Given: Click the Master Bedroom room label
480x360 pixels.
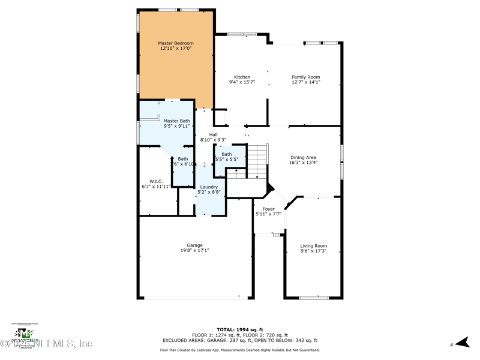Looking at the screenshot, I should coord(176,43).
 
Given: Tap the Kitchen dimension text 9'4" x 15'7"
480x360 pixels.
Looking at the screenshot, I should coord(242,82).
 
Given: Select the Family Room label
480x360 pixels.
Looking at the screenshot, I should coord(306,77).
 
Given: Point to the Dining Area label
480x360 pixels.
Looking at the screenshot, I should coord(303,157).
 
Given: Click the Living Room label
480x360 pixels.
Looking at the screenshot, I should coord(313,246).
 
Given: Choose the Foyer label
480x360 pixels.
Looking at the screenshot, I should coord(268,209).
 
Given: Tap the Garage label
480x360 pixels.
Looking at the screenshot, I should coord(194,245).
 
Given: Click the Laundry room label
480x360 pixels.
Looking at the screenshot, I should coord(209,187).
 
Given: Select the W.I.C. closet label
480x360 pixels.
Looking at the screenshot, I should coord(156,181).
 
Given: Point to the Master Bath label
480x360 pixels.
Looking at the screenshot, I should coord(176,121).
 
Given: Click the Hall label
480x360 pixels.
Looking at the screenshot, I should coord(213,134).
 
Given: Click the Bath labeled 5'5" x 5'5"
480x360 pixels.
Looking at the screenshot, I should coord(226,155).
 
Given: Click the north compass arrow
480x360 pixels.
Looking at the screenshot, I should coord(460,343).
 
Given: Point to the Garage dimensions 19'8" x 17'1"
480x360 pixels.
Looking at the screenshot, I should coord(194,250).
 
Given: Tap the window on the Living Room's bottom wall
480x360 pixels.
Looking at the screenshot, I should coord(313,298).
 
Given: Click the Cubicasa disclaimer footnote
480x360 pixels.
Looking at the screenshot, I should coord(239,350).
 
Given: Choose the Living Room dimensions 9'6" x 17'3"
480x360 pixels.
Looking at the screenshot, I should coord(313,251).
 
